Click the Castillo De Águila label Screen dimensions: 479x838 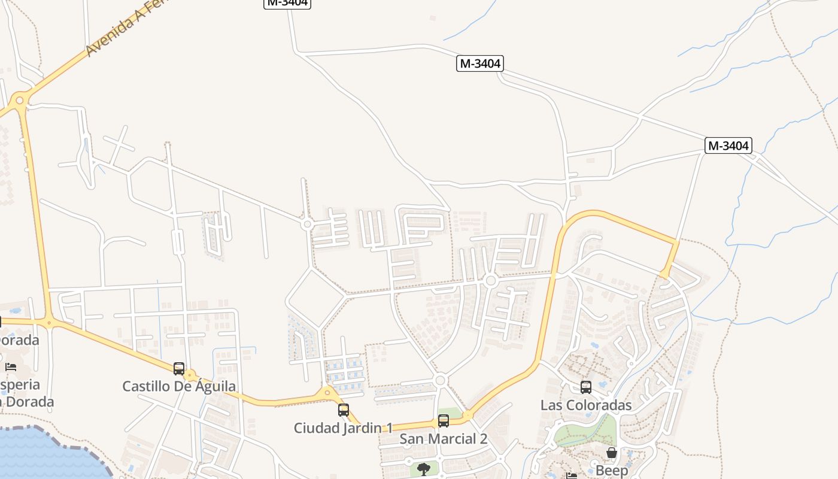tap(179, 386)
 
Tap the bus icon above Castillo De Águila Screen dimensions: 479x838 tap(179, 368)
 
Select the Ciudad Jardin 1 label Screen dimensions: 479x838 tap(343, 428)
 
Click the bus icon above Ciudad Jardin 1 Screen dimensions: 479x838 tap(344, 410)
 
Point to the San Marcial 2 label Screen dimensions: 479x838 tap(444, 439)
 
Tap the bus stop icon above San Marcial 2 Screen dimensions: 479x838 tap(444, 421)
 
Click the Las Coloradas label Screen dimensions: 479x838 tap(586, 405)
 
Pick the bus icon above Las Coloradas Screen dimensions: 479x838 tap(586, 387)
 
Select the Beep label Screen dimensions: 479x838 tap(612, 471)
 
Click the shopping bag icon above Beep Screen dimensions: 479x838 tap(612, 453)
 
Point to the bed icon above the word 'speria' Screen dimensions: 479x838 tap(10, 367)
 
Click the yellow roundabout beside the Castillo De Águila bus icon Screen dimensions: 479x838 tap(190, 376)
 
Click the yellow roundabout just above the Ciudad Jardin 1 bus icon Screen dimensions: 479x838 tap(327, 393)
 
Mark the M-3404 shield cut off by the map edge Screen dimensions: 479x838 tap(287, 3)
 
